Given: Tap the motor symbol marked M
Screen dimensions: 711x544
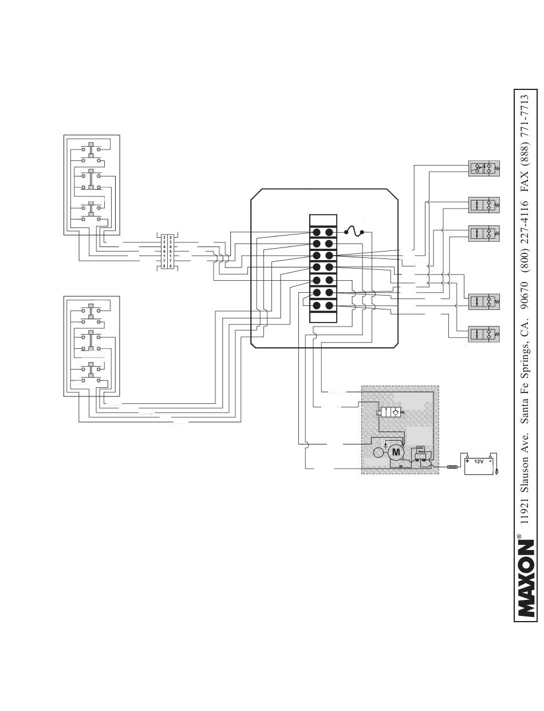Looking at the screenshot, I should (x=396, y=453).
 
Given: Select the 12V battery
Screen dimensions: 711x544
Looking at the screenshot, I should (x=479, y=465).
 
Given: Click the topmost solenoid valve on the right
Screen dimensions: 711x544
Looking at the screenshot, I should (x=483, y=168).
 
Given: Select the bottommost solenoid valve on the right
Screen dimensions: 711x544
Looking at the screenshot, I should (x=483, y=334).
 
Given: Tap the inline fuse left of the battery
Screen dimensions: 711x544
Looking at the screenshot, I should (x=452, y=467).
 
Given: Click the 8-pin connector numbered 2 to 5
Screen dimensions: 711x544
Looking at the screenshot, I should (x=167, y=252).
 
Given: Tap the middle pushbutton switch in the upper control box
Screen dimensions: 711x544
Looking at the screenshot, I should (x=90, y=179).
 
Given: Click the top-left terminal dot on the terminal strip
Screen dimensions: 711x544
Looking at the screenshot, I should (x=317, y=231).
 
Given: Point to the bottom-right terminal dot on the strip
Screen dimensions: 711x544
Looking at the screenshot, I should (x=329, y=305).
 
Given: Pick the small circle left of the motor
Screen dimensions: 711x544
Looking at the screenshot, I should (x=379, y=453).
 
